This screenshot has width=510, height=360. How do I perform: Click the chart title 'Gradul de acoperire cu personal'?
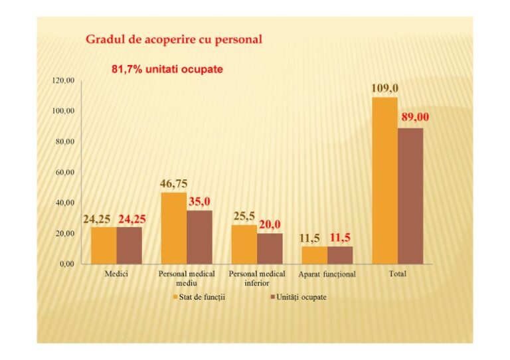coord(173,39)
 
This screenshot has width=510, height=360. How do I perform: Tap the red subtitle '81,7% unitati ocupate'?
coord(166,69)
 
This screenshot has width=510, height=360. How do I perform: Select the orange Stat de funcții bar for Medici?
coord(104,245)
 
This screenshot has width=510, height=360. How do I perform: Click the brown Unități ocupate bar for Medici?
coord(129,245)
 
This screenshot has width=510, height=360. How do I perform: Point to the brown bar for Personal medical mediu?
coord(199,237)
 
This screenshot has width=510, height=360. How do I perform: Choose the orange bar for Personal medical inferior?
coord(244,244)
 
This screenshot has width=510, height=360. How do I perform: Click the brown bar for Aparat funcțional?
coord(340,255)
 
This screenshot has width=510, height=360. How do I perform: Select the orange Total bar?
coord(384,181)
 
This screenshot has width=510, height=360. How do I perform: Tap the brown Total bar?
coord(410,196)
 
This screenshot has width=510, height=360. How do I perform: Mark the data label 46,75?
coord(173,184)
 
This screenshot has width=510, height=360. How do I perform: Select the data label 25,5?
coord(244,216)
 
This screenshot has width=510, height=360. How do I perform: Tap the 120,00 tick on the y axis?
coord(63,80)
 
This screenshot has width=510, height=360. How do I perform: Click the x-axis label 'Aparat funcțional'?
coord(327,274)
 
